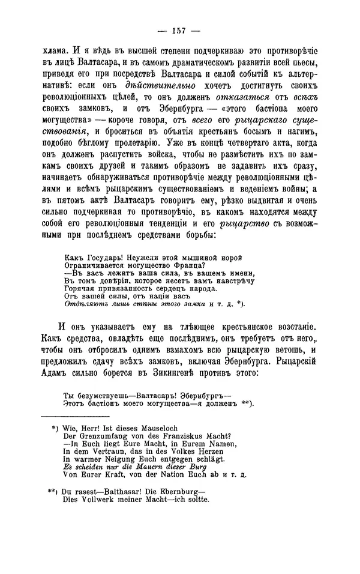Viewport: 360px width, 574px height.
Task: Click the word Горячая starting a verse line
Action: (x=80, y=288)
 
